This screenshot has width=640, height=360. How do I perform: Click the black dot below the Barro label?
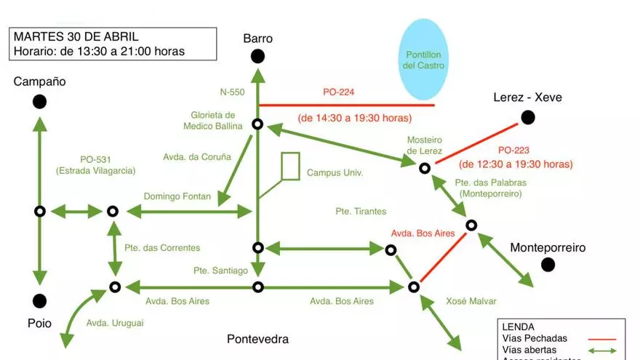257,56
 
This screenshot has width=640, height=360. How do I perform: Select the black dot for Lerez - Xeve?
528,117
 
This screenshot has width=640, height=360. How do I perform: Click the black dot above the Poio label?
39,300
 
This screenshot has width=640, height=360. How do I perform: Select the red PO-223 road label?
514,149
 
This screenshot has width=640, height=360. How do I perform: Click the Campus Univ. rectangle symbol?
290,167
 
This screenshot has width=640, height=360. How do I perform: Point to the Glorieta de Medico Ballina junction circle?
257,124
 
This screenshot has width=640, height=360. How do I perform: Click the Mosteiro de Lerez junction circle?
425,168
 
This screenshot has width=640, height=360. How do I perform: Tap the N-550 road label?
233,92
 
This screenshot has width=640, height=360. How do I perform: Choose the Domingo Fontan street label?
177,196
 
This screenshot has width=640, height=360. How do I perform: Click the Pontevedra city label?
257,339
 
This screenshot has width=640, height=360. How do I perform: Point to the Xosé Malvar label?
466,300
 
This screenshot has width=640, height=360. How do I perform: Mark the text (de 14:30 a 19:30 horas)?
355,118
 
